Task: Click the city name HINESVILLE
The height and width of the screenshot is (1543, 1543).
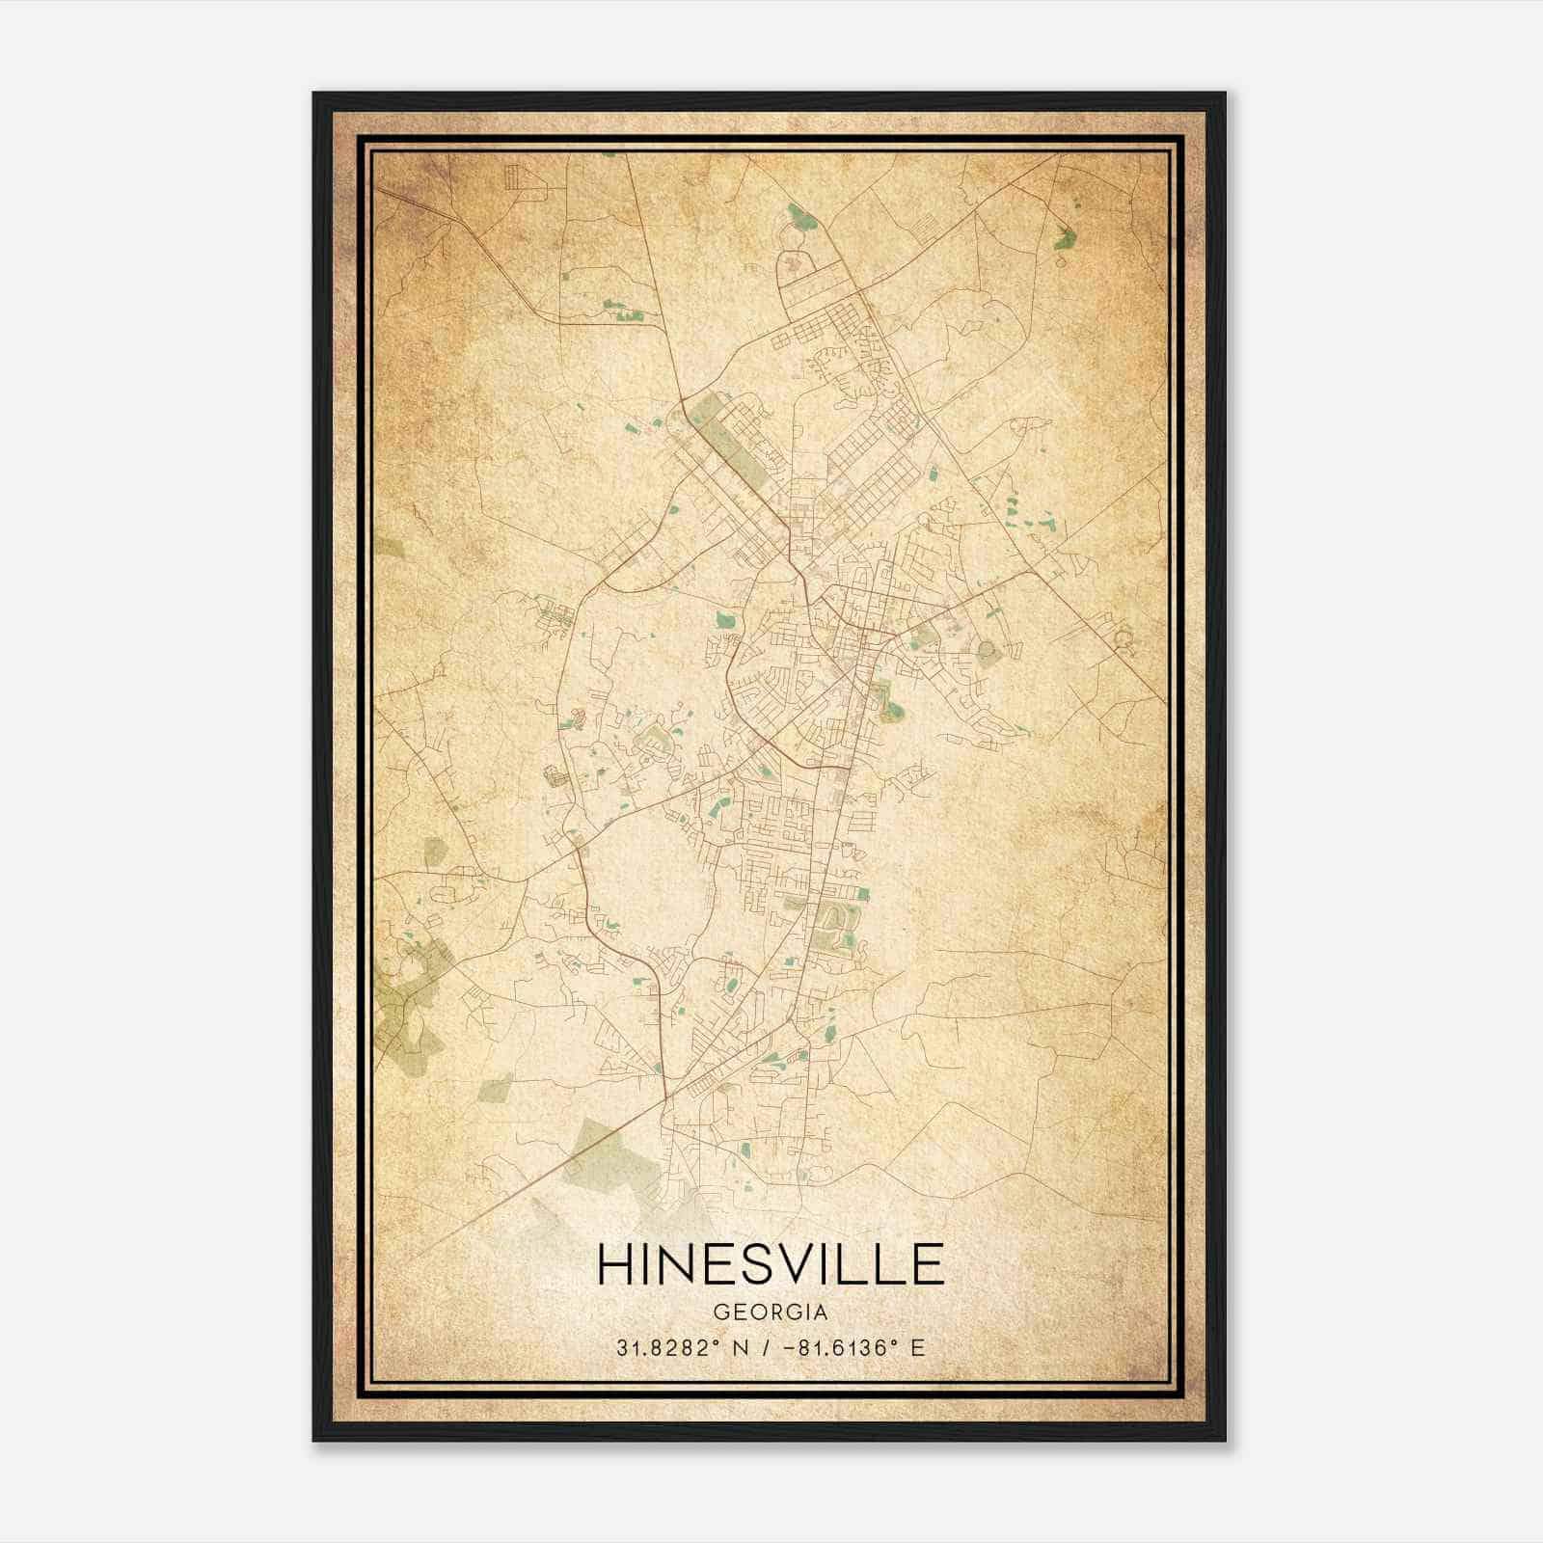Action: coord(771,1264)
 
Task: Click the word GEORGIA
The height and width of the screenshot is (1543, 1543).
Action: coord(771,1313)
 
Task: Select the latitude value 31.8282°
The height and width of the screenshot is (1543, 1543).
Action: coord(670,1347)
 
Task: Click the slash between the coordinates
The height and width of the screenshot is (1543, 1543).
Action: coord(767,1347)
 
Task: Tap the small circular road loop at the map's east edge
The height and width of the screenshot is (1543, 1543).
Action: coord(1122,637)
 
